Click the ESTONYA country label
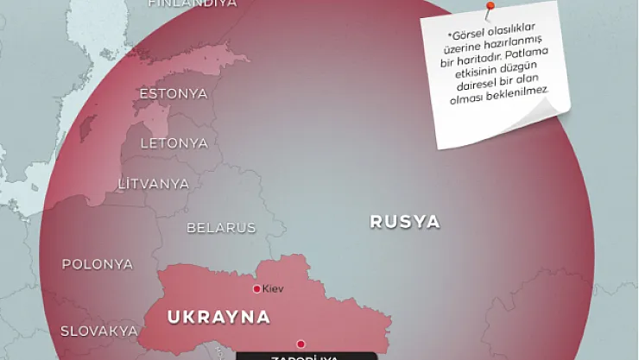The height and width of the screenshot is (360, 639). coord(174,93)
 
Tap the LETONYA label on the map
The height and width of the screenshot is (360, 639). coord(174,142)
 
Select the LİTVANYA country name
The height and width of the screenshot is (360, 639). coord(154,184)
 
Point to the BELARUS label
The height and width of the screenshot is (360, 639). coord(221,228)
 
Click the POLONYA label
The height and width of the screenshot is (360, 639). coord(98,264)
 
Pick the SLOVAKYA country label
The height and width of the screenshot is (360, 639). coord(99,331)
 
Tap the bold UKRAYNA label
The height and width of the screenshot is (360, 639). coord(218,317)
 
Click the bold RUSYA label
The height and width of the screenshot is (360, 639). coord(405,222)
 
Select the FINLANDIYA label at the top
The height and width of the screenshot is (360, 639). coord(193,3)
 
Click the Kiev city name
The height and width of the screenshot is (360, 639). coord(273,288)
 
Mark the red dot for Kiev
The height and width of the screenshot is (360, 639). coord(256,288)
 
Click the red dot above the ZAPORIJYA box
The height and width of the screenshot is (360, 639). coord(301,343)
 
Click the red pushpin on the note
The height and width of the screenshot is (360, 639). coord(490,8)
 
